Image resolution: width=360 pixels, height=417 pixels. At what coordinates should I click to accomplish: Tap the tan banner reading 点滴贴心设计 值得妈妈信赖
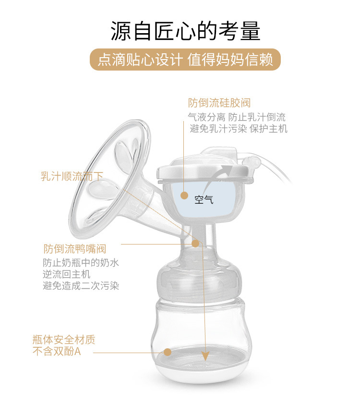point(185,60)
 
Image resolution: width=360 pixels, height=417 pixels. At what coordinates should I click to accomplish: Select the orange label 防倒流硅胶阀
point(219,103)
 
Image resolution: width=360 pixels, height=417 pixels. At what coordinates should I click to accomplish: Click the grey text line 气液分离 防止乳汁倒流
point(237,117)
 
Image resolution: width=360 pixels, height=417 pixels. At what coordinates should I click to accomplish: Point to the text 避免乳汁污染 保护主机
point(239,128)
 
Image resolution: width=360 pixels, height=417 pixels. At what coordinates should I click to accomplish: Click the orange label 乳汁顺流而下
point(72,176)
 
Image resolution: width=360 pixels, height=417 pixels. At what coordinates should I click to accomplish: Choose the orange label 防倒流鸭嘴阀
point(75,249)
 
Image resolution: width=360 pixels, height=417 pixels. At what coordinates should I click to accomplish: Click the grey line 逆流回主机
point(66,274)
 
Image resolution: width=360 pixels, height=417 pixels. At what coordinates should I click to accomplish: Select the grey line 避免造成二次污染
point(81,286)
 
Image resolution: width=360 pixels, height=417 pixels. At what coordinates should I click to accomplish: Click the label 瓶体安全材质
point(64,340)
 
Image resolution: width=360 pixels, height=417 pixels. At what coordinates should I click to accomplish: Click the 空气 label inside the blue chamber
point(204,199)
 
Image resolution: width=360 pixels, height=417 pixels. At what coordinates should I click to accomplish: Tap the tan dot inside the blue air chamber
point(184,195)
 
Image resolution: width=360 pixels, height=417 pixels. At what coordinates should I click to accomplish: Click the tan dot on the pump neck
point(195,244)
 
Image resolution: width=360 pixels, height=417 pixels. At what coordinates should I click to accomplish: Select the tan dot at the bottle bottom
point(168,352)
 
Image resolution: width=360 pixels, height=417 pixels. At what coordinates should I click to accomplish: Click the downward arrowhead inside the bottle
point(205,356)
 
